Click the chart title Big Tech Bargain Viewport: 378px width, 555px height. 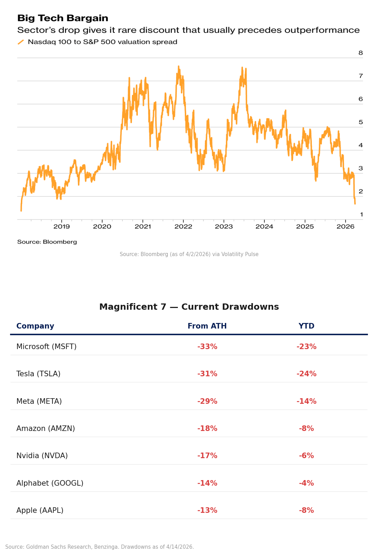coord(63,18)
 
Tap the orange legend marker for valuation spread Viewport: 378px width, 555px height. coord(21,42)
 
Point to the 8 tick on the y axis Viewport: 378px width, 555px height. coord(361,53)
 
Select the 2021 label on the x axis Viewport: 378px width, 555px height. coord(143,227)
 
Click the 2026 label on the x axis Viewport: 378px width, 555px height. coord(345,227)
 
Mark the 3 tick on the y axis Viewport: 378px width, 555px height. coord(361,168)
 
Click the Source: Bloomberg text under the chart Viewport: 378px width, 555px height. coord(47,242)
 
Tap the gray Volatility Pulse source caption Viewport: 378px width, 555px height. coord(189,254)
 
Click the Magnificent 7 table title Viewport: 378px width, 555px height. coord(189,307)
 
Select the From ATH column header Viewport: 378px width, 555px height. coord(207,326)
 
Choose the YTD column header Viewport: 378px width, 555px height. coord(306,326)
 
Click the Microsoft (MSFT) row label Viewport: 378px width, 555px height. coord(46,347)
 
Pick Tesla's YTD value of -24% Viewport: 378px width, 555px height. coord(306,374)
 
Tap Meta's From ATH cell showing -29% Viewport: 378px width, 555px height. coord(207,401)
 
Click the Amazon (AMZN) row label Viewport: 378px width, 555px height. coord(46,429)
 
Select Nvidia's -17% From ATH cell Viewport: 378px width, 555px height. coord(207,456)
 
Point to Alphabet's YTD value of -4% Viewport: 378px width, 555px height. coord(306,483)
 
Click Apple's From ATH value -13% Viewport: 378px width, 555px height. coord(207,510)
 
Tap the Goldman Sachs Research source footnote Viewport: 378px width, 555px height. coord(100,547)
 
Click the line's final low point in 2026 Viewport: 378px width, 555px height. coord(355,203)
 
